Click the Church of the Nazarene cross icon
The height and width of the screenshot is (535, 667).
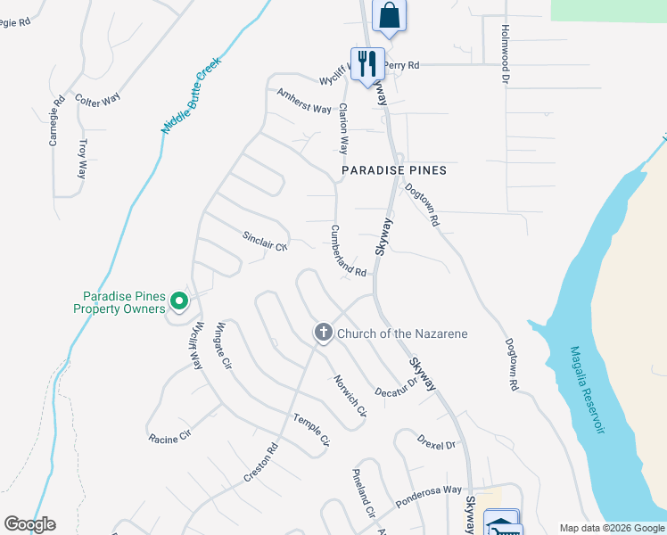point(323,333)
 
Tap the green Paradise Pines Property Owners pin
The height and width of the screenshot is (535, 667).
point(178,302)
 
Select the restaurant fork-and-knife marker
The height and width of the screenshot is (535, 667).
point(366,63)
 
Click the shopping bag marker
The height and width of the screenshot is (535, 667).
point(389,15)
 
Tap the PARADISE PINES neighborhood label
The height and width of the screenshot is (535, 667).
point(394,169)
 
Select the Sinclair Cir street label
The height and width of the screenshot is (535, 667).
point(266,241)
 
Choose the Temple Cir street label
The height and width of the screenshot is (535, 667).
point(312,430)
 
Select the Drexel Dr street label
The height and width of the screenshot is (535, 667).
point(437,441)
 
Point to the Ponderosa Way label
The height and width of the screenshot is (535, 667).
point(429,497)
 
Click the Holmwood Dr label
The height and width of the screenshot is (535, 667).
point(504,53)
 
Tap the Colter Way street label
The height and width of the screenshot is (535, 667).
point(97,100)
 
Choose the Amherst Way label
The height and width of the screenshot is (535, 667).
point(304,101)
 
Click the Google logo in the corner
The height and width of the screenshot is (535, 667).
point(29,524)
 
